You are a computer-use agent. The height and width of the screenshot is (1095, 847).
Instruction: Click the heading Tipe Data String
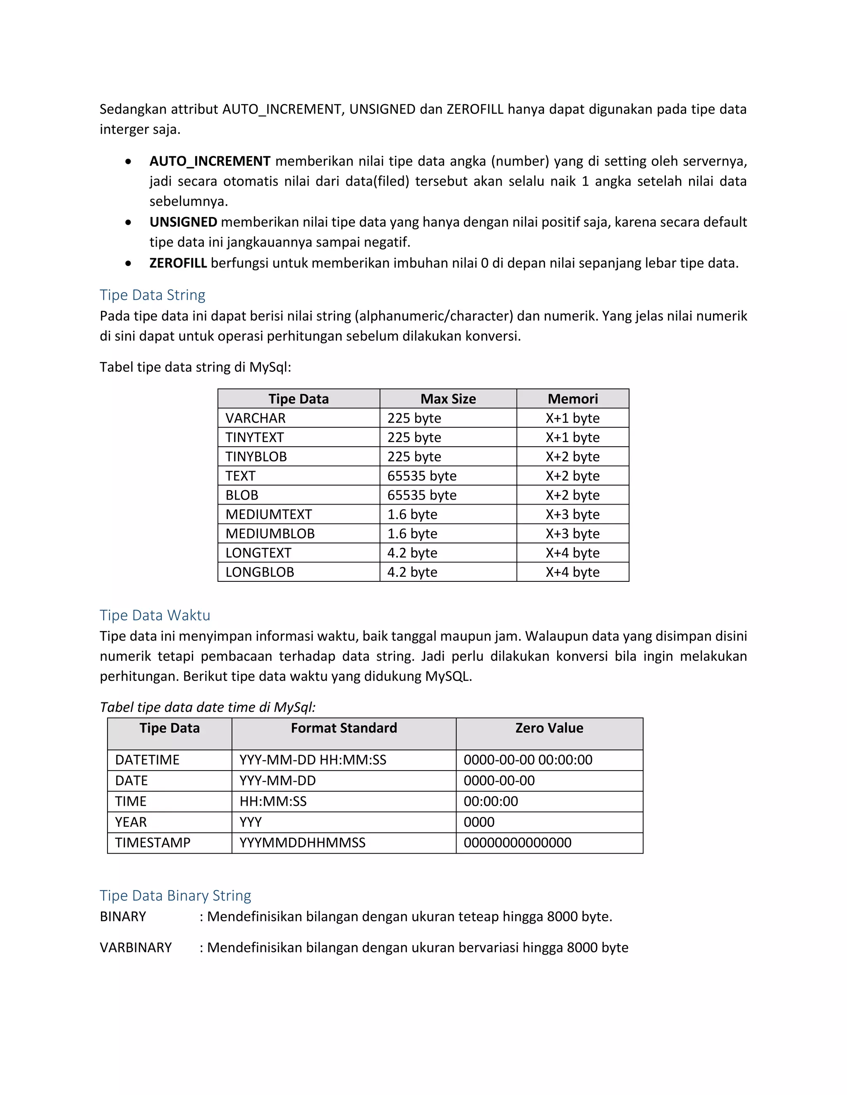click(153, 295)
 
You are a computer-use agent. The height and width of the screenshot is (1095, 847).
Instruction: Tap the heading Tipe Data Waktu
click(155, 615)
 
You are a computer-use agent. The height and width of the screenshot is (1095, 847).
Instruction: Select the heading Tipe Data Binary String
click(175, 895)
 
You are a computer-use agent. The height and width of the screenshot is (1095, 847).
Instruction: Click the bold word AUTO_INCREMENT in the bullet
click(210, 161)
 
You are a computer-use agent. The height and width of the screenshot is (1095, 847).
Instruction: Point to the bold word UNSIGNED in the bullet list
click(183, 222)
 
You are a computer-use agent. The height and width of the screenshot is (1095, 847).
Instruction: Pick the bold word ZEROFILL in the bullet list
click(178, 263)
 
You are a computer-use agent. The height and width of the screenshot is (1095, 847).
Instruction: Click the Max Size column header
click(447, 399)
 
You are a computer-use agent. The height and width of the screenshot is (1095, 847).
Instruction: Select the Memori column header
click(572, 399)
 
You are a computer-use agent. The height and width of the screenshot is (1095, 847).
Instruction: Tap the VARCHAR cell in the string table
click(256, 418)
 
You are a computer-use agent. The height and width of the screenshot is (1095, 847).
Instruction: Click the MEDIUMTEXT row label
click(268, 514)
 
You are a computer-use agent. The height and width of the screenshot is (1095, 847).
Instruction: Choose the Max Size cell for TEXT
click(421, 476)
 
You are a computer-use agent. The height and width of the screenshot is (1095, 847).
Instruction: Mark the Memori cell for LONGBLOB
click(572, 572)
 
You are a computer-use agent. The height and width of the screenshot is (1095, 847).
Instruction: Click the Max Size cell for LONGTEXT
click(412, 553)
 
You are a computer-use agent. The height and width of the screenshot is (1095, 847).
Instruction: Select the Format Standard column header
click(344, 728)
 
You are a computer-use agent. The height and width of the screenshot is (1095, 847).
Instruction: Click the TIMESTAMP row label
click(153, 843)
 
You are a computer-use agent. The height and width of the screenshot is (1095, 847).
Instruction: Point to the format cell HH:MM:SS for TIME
click(273, 801)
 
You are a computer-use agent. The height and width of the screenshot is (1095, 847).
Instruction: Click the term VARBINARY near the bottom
click(136, 947)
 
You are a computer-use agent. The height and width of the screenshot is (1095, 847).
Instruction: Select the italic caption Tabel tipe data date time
click(208, 707)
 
